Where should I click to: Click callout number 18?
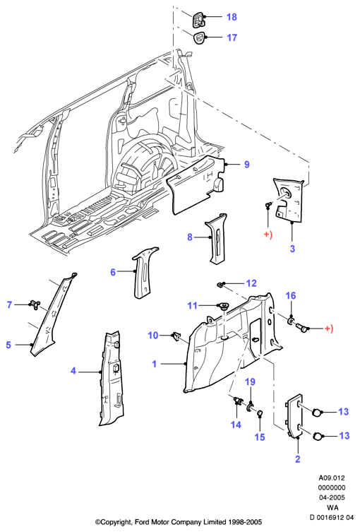click(232, 17)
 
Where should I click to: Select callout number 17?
click(232, 37)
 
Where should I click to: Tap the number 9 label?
click(247, 165)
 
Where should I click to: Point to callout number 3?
click(292, 249)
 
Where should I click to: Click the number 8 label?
click(190, 237)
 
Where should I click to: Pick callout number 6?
click(113, 272)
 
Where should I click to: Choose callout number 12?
click(251, 283)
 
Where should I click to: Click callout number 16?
click(291, 295)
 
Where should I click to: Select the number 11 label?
click(192, 306)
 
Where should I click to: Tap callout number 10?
click(153, 336)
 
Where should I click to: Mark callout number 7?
click(9, 305)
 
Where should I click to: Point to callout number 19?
click(250, 382)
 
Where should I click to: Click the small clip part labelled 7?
click(35, 305)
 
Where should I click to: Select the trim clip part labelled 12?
click(221, 285)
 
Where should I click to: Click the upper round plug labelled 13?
click(317, 413)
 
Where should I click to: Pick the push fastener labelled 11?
click(223, 306)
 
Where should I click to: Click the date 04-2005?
click(332, 497)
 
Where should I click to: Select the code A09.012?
click(332, 478)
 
